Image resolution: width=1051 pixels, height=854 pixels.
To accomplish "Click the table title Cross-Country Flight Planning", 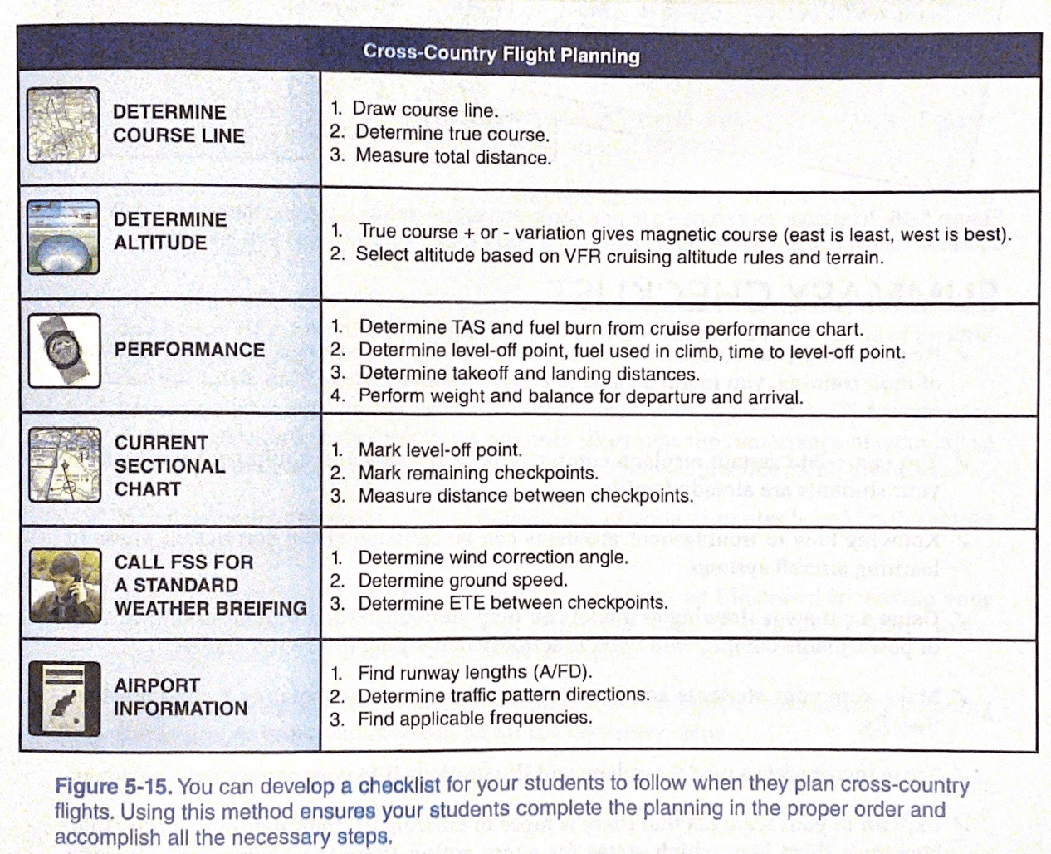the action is [x=501, y=55].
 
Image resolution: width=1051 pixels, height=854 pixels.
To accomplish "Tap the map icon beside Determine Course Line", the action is [x=63, y=125].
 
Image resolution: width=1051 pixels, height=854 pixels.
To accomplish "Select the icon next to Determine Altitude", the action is [x=63, y=237].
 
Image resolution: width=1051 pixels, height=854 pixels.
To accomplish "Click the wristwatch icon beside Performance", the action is [x=64, y=351].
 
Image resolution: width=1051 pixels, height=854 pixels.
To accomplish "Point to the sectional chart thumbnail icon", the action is [x=64, y=465].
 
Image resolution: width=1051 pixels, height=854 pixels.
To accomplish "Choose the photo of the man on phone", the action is [x=64, y=585].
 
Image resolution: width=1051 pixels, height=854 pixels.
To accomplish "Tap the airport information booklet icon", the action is [x=64, y=699].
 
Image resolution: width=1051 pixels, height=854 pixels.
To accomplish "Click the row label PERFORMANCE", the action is [x=189, y=350].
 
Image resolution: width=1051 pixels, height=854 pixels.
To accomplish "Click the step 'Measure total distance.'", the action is [x=453, y=157].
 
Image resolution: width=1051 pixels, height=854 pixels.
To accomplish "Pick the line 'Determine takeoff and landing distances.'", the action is [x=529, y=374].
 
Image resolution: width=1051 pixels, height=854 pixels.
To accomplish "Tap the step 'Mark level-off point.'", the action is [x=440, y=450].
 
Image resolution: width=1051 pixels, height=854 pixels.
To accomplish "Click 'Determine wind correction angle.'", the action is [x=493, y=557].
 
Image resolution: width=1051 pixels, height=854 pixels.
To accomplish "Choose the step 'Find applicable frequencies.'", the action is [x=475, y=719].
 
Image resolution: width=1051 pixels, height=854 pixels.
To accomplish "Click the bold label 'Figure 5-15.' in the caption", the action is [x=113, y=787].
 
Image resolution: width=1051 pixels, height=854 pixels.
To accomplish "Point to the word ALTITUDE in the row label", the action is [x=160, y=243].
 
